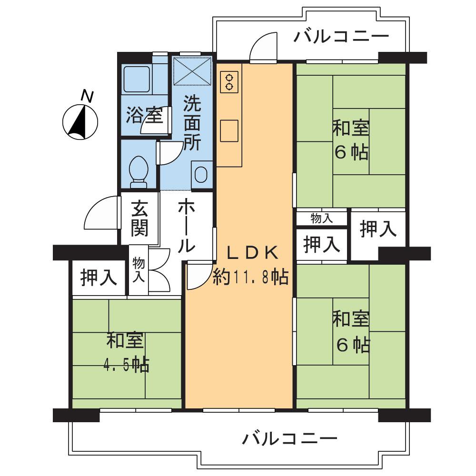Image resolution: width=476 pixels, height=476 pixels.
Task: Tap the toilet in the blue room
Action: (139, 170)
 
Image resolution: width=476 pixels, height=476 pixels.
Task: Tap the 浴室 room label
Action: (144, 115)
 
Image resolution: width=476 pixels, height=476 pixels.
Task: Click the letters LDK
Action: (251, 254)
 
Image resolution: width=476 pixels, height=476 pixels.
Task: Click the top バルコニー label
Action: (341, 37)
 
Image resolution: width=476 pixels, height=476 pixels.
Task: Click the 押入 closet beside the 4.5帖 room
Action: (99, 278)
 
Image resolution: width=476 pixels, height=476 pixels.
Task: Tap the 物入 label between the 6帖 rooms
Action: (322, 218)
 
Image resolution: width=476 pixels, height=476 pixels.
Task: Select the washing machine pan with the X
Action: (192, 71)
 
